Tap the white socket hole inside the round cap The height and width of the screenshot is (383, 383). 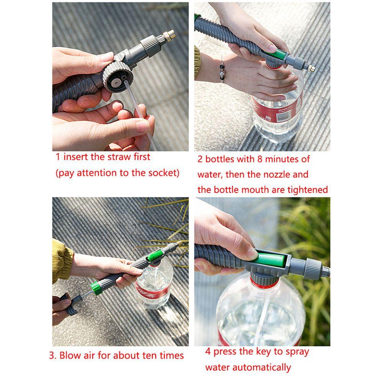click(115, 81)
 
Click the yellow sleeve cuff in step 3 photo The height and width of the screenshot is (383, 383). click(61, 260)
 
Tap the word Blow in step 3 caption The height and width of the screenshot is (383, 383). click(70, 355)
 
